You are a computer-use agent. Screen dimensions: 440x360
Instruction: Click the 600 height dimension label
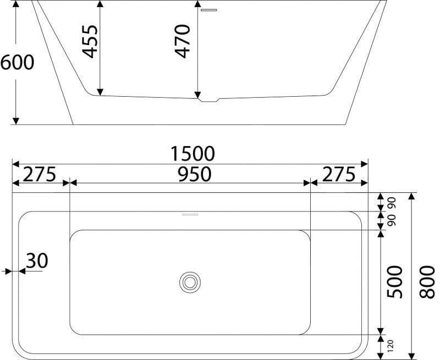coord(18,62)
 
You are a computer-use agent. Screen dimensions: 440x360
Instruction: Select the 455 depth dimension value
coord(90,41)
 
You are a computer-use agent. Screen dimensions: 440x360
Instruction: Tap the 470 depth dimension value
coord(183,41)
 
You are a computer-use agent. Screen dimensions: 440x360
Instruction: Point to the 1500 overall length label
coord(193,154)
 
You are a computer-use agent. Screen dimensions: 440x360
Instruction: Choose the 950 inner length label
coord(194,174)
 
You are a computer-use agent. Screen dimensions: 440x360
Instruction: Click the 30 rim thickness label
coord(37,261)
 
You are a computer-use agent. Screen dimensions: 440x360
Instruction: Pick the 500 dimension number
coord(394,282)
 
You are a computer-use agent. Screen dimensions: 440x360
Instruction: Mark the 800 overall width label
coord(427,282)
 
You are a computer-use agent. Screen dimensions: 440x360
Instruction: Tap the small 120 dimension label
coord(391,345)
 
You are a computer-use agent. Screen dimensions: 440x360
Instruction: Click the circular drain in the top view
coord(190,282)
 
